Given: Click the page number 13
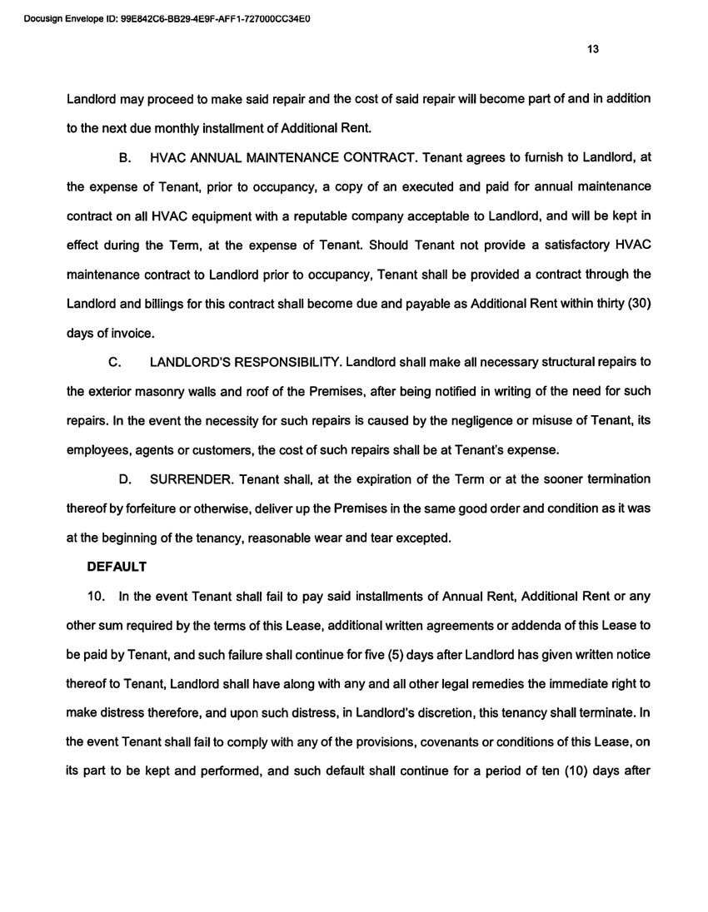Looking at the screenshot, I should click(592, 49).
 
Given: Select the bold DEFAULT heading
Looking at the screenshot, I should click(117, 567).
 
